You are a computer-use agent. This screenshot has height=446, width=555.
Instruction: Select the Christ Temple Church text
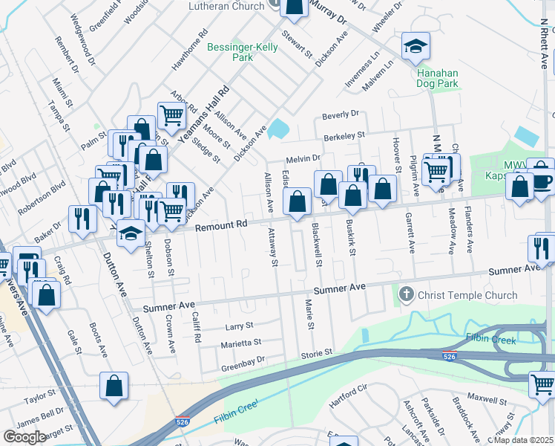[467, 295]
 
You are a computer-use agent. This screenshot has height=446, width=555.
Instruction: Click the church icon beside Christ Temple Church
[406, 295]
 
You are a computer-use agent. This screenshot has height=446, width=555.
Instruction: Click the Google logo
[24, 436]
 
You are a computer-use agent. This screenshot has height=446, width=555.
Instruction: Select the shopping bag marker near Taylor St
[114, 387]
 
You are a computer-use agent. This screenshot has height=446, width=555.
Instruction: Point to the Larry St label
[239, 326]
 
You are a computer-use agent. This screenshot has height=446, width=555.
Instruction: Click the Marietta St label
[240, 343]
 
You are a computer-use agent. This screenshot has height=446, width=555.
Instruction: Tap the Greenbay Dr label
[243, 367]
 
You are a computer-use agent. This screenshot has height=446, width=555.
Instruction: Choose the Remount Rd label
[220, 224]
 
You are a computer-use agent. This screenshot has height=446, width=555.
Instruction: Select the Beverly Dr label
[340, 114]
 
